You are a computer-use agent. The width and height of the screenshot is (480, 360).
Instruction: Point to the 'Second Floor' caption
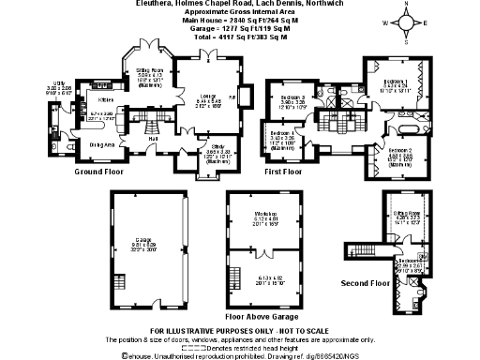click(366, 282)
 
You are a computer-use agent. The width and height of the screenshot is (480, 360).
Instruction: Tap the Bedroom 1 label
click(397, 82)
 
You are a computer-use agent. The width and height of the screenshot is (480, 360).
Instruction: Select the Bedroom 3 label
click(292, 97)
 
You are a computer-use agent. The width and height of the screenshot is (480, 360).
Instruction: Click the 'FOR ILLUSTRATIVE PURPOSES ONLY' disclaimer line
click(238, 332)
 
